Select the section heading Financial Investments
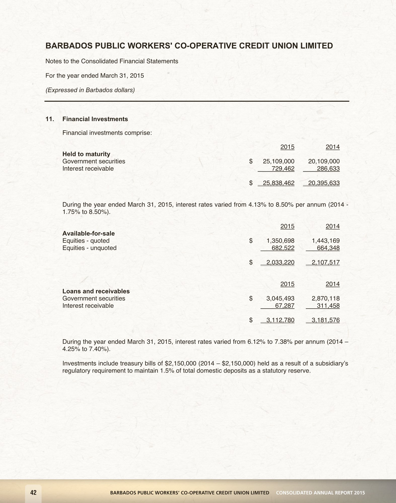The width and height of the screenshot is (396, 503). click(95, 119)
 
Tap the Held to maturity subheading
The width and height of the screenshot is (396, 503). click(86, 154)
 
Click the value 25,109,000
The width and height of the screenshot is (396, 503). click(278, 161)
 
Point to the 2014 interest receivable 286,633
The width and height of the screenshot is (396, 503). click(328, 169)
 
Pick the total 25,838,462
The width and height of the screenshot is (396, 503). click(278, 183)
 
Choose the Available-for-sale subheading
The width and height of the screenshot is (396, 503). click(88, 233)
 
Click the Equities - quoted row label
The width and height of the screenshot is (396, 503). click(86, 241)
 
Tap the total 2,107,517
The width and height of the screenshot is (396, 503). click(326, 263)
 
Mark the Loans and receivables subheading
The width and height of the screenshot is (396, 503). click(96, 291)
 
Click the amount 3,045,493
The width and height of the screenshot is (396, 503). click(280, 298)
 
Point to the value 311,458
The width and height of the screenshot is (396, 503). click(328, 306)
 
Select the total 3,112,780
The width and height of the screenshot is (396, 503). click(280, 320)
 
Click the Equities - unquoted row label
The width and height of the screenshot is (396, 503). click(89, 248)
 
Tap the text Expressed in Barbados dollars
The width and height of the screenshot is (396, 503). click(90, 90)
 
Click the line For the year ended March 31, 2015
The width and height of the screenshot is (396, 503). click(95, 75)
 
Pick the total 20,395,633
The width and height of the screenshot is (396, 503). click(324, 183)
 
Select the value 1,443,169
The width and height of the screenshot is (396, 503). click(326, 241)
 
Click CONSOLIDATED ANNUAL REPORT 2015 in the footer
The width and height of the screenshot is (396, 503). click(320, 493)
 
